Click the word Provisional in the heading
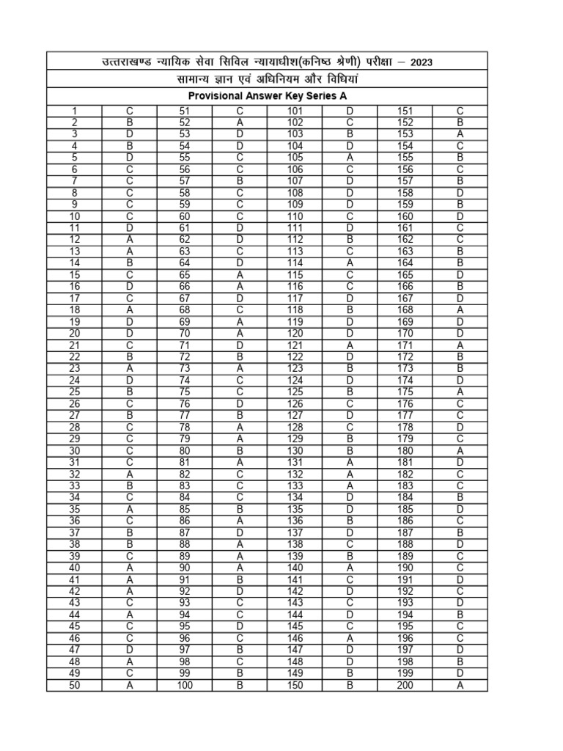point(213,96)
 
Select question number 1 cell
point(74,111)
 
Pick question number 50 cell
point(74,685)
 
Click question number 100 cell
point(185,685)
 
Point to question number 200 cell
point(405,685)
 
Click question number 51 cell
point(185,111)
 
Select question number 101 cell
point(295,111)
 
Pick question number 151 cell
point(405,111)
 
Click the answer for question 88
point(240,544)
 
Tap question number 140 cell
point(295,568)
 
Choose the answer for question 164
point(460,263)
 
